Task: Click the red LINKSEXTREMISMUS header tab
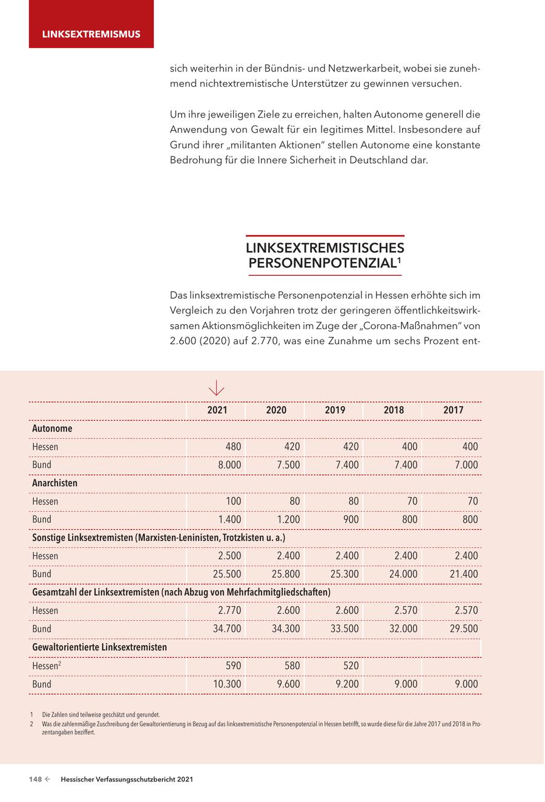tap(91, 34)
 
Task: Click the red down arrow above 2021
tap(216, 388)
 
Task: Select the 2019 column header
tap(335, 410)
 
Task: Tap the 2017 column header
tap(453, 410)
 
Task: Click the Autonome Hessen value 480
tap(233, 447)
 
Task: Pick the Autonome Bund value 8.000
tap(229, 465)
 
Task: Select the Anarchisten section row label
tap(55, 483)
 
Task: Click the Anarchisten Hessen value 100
tap(233, 501)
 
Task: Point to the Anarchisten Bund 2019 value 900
tap(351, 520)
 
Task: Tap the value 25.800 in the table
tap(288, 574)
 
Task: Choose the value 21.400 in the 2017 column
tap(464, 574)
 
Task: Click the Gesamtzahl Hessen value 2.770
tap(230, 610)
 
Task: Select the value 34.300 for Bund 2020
tap(286, 629)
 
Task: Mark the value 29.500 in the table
tap(464, 629)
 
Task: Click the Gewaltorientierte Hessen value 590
tap(233, 666)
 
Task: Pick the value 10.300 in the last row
tap(228, 684)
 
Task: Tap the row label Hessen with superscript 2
tap(45, 666)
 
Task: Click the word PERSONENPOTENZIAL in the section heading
tap(322, 264)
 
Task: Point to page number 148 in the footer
tap(35, 780)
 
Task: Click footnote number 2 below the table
tap(31, 724)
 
